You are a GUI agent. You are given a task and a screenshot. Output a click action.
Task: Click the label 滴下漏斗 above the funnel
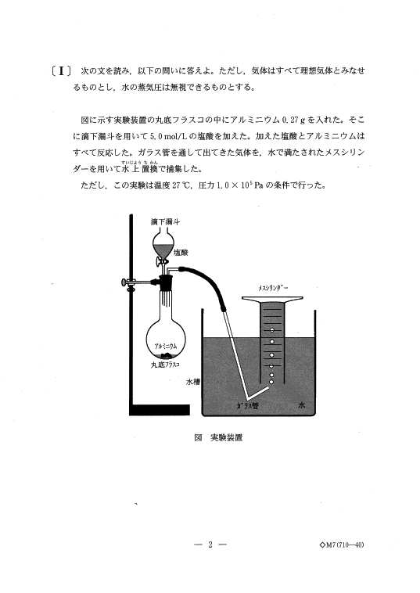(x=165, y=221)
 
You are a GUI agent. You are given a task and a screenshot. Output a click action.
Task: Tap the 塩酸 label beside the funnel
(x=181, y=253)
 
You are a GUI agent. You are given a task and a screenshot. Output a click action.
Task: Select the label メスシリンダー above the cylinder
(x=273, y=288)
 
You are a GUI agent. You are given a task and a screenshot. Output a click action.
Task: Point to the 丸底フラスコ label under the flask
(x=165, y=365)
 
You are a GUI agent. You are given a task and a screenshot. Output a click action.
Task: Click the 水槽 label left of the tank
(x=193, y=382)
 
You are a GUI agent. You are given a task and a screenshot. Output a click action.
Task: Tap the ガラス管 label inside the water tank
(x=248, y=406)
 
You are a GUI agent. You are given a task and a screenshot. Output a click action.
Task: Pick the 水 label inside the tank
(x=302, y=405)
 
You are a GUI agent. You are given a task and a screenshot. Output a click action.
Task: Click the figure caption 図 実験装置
(x=218, y=437)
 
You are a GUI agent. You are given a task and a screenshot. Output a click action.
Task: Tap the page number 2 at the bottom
(x=210, y=545)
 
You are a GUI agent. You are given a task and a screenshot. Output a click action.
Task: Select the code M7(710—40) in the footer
(x=342, y=545)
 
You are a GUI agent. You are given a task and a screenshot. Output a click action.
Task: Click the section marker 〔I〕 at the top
(x=61, y=71)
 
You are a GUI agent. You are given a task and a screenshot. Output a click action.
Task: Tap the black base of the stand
(x=159, y=410)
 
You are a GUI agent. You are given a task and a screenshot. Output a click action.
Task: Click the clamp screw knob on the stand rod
(x=124, y=282)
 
